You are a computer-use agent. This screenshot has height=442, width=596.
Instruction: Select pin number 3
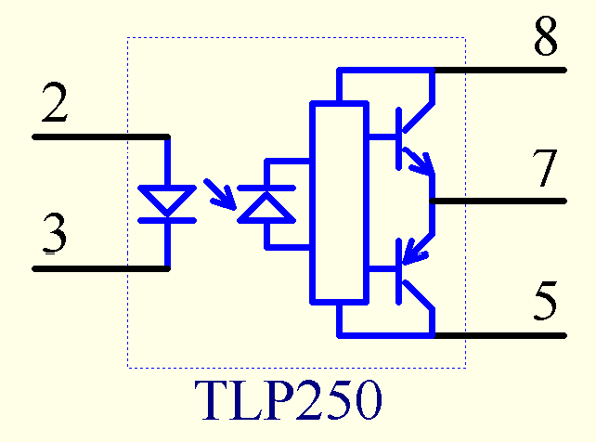[55, 236]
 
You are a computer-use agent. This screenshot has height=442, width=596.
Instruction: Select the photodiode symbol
[266, 203]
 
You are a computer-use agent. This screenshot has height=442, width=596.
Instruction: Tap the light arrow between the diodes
[221, 192]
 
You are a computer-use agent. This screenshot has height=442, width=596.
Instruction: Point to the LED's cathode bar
[167, 220]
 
